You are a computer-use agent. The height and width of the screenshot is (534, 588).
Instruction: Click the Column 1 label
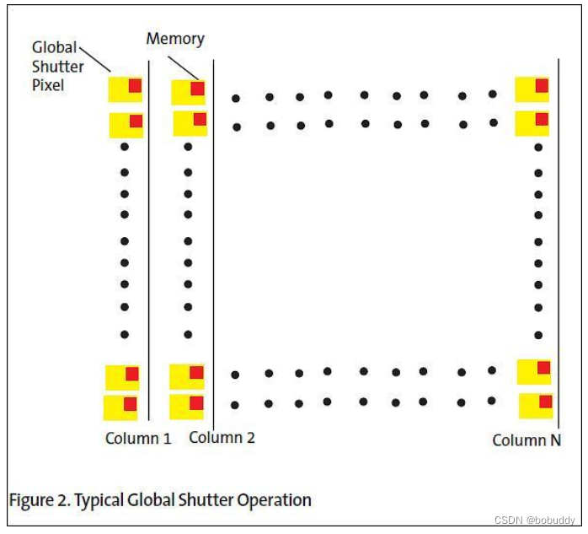pyautogui.click(x=137, y=439)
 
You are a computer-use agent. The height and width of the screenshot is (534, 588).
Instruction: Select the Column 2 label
pyautogui.click(x=222, y=437)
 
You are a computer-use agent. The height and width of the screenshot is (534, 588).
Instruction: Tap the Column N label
pyautogui.click(x=527, y=440)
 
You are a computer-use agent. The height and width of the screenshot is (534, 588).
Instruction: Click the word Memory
pyautogui.click(x=175, y=39)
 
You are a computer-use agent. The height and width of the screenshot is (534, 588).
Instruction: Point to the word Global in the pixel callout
pyautogui.click(x=55, y=48)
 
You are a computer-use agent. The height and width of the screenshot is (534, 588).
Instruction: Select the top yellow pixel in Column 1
pyautogui.click(x=125, y=89)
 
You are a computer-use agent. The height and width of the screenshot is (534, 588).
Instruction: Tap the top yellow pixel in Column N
pyautogui.click(x=532, y=89)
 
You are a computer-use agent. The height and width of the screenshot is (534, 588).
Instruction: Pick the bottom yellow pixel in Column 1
pyautogui.click(x=120, y=407)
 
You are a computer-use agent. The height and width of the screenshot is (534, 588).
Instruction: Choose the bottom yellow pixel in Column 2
pyautogui.click(x=186, y=407)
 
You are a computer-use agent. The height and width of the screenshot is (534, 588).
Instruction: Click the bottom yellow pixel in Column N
pyautogui.click(x=535, y=406)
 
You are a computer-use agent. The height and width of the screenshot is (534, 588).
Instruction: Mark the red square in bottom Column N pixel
pyautogui.click(x=545, y=402)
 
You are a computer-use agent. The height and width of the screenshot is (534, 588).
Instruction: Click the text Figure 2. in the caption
pyautogui.click(x=40, y=500)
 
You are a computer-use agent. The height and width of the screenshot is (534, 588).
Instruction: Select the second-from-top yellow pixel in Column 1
pyautogui.click(x=126, y=125)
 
